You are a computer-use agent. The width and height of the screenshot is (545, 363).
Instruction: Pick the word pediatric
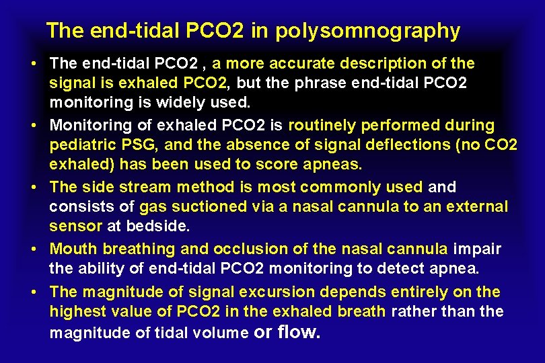point(80,145)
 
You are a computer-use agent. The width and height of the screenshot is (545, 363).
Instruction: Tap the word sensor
point(75,227)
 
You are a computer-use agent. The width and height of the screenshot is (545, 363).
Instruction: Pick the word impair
point(477,249)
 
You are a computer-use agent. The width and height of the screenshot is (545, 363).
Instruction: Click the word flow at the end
point(299,331)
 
